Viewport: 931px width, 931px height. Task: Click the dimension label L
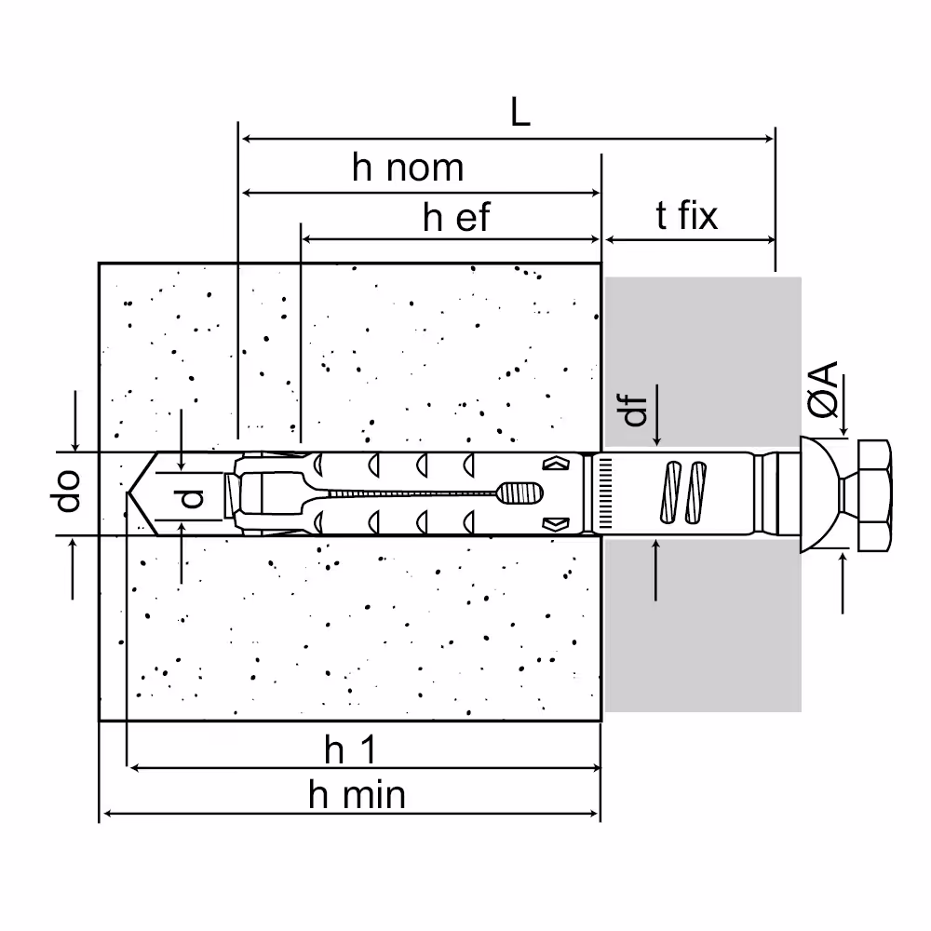coord(520,113)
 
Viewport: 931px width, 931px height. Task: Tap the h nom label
coord(408,168)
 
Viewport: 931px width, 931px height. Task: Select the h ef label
coord(456,217)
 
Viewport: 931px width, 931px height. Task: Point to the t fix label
coord(686,215)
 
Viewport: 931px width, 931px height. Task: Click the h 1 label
coord(350,749)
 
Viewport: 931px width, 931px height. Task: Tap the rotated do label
coord(68,491)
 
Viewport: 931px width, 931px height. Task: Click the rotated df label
coord(635,411)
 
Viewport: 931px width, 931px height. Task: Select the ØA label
coord(823,389)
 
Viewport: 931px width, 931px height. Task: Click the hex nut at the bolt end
coord(874,496)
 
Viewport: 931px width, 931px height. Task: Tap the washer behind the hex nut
coord(819,495)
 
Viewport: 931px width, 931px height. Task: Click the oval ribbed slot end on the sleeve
coord(519,492)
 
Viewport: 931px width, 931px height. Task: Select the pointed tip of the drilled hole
coord(128,492)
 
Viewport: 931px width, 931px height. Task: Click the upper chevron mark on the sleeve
coord(556,463)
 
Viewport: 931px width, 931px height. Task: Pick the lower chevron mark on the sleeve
coord(556,523)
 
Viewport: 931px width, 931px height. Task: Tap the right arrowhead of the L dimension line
coord(770,139)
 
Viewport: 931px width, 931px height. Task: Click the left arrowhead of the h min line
coord(106,814)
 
